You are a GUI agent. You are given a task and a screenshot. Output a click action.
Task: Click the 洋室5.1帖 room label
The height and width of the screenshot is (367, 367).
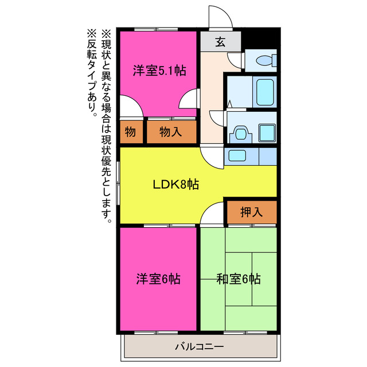(x=159, y=71)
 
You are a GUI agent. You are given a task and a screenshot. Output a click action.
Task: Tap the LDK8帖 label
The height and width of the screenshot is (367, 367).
(x=175, y=185)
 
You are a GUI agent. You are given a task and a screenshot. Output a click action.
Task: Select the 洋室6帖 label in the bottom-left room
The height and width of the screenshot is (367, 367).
(x=158, y=279)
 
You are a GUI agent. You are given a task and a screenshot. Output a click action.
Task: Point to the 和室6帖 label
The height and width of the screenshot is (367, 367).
(x=239, y=279)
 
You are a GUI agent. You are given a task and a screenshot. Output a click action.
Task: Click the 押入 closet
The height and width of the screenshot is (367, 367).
(x=251, y=212)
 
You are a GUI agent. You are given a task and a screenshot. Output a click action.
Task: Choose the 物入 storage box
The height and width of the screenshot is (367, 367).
(x=171, y=132)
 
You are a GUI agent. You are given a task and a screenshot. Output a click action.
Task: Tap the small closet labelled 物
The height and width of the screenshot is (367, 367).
(x=130, y=132)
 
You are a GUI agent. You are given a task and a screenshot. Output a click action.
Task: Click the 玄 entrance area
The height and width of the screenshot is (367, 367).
(x=220, y=41)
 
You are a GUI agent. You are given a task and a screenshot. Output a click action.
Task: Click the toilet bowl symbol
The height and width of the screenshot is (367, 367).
(x=264, y=60)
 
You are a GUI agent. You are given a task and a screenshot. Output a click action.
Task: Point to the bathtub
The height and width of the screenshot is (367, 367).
(x=264, y=92)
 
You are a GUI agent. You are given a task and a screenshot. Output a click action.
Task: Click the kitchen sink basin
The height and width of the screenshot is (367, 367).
(x=236, y=155)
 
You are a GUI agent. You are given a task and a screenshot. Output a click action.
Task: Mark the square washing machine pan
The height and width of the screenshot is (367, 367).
(x=267, y=132)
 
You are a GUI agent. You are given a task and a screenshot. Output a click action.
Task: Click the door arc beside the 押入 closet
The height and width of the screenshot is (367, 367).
(x=212, y=213)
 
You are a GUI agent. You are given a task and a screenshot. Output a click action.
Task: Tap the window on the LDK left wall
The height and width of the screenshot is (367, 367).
(x=118, y=182)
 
